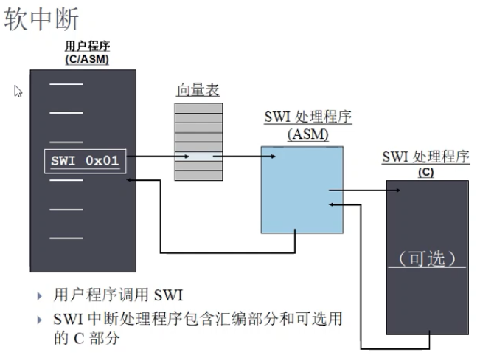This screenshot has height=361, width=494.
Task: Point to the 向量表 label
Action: coord(198,91)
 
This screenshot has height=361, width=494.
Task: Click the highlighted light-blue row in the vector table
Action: coord(198,157)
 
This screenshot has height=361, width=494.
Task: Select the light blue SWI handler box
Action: coord(302,188)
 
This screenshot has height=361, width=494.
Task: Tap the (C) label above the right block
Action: coord(425,172)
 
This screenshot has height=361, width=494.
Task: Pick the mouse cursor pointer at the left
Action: coord(18,91)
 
